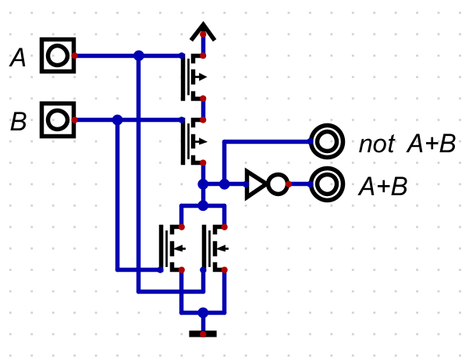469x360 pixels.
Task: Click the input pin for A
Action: click(59, 56)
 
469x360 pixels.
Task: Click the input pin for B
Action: click(58, 120)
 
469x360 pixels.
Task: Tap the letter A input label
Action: click(17, 57)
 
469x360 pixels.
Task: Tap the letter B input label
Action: click(17, 122)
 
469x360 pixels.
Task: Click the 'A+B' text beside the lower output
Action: click(383, 187)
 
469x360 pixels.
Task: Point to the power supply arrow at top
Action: click(204, 33)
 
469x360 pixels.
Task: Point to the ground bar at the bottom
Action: click(203, 334)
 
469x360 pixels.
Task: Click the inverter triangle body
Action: click(254, 184)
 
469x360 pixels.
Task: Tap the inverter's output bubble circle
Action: click(277, 184)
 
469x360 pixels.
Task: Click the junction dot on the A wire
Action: click(139, 56)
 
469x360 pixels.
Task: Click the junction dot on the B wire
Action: click(117, 120)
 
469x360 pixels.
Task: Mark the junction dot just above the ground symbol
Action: click(203, 312)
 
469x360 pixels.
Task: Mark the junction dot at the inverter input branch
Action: click(224, 184)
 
